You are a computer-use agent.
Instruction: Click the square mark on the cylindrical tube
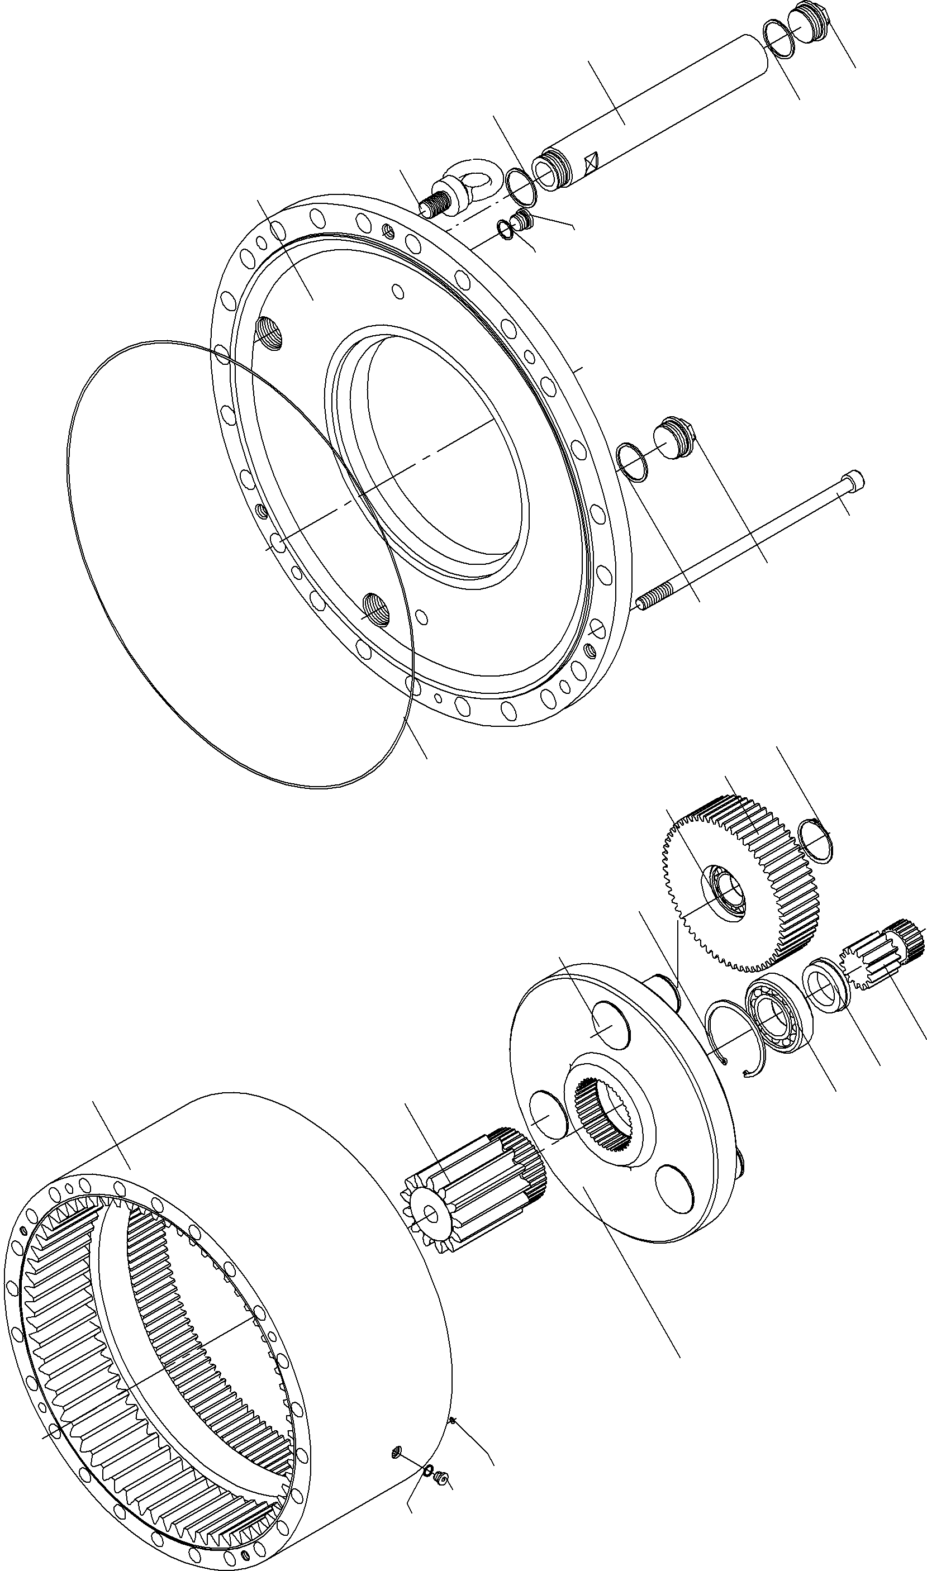click(590, 163)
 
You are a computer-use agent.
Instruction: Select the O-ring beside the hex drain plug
click(632, 462)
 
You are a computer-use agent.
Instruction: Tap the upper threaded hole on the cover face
click(270, 334)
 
